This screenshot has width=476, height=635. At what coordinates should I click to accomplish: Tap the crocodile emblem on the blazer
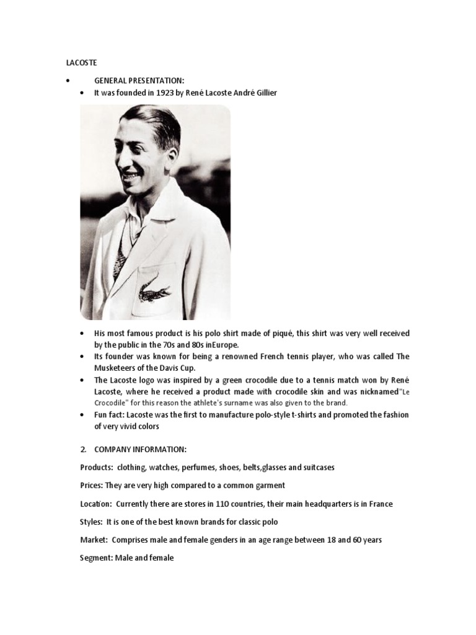pos(154,288)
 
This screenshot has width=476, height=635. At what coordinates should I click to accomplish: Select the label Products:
pos(95,467)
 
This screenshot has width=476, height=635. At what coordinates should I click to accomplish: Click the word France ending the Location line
pos(379,504)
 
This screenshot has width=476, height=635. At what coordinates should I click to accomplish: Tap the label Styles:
pos(92,522)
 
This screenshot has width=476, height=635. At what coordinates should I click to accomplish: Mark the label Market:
pos(94,540)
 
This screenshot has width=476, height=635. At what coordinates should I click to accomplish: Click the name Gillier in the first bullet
pos(263,93)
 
